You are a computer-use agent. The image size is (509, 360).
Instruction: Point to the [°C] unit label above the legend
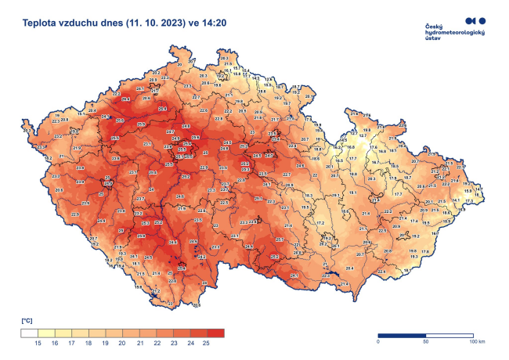point(27,322)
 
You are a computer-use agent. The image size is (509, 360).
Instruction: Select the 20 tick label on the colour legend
point(121,344)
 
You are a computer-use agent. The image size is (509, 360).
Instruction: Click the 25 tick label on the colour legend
point(206,344)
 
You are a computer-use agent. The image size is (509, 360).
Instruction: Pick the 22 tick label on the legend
point(155,344)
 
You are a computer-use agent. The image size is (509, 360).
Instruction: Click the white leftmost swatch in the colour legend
point(28,333)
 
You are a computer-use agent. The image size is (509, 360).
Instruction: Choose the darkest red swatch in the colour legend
point(215,333)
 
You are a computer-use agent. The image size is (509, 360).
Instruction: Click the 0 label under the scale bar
point(378,342)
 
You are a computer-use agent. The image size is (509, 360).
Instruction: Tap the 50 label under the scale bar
point(425,342)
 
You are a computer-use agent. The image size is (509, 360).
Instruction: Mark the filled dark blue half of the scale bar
point(402,335)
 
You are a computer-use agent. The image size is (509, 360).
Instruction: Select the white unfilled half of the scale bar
point(449,335)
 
